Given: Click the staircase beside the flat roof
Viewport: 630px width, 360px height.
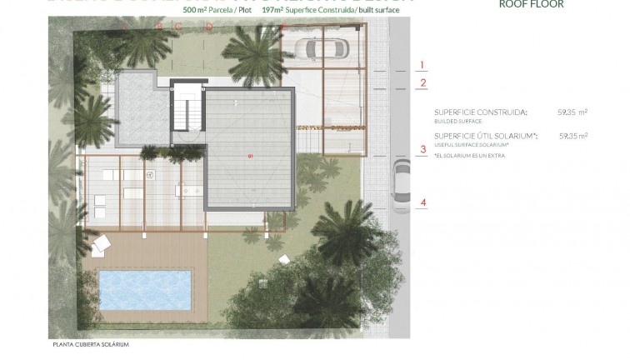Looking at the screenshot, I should [x=187, y=112].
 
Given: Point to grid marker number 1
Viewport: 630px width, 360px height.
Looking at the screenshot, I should [x=422, y=65].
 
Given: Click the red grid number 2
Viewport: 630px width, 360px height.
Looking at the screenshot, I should [x=422, y=82].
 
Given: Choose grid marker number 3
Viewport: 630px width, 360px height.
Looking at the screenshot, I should [x=422, y=151].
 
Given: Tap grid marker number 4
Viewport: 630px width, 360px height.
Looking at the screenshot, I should [x=422, y=202].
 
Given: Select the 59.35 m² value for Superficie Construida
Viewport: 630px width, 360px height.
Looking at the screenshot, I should [x=572, y=112].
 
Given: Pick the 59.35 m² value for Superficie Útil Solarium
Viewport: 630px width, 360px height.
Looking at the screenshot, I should [x=572, y=136].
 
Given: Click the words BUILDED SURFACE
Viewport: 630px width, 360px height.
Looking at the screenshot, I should [x=457, y=121].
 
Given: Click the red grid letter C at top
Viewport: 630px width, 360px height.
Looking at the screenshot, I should [x=178, y=26].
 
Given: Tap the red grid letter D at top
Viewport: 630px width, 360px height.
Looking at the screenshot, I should [x=209, y=26].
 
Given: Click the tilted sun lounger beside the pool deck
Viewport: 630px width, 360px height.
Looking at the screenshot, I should [x=102, y=244].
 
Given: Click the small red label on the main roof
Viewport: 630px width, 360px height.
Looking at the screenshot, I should [x=250, y=156].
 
